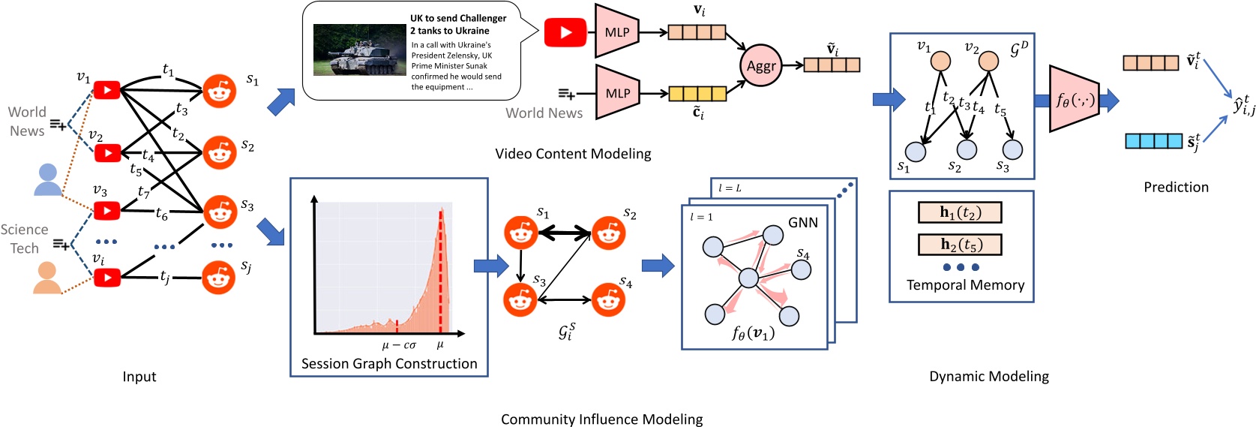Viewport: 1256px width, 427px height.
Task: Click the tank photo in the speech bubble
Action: click(x=359, y=50)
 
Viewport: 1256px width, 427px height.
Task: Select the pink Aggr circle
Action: click(x=760, y=66)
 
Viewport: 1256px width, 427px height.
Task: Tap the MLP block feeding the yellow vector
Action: click(x=617, y=93)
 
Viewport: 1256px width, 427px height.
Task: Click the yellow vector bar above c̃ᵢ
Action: click(x=697, y=94)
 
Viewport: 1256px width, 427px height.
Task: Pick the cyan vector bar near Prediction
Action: click(x=1153, y=140)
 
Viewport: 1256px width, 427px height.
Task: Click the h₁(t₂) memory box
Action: click(x=960, y=212)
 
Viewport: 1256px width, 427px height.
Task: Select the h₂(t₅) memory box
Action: click(x=960, y=245)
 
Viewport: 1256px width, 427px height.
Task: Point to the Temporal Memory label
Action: click(x=965, y=285)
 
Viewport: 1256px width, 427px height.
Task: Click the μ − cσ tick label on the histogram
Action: click(x=398, y=345)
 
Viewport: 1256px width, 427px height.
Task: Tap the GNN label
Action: click(x=802, y=223)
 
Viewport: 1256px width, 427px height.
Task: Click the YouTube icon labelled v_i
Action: click(x=107, y=278)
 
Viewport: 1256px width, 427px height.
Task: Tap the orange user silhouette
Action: click(x=47, y=278)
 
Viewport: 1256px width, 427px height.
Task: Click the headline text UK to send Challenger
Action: click(x=457, y=18)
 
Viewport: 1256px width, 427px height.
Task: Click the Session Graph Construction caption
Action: click(x=389, y=364)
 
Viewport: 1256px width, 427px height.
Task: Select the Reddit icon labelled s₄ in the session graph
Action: click(x=608, y=300)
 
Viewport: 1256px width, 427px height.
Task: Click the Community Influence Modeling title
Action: click(x=601, y=419)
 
